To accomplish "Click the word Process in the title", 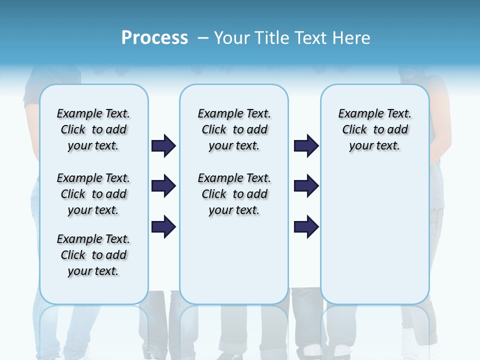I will click(154, 37).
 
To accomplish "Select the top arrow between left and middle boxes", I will click(163, 145).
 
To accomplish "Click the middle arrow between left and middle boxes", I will click(163, 186).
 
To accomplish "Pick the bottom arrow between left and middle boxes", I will click(163, 226).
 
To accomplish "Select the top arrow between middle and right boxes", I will click(306, 145).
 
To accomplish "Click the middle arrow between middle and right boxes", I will click(306, 186).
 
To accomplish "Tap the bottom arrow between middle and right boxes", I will click(306, 226).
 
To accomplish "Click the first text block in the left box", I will click(93, 129).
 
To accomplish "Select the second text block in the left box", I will click(93, 194).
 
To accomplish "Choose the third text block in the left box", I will click(93, 255).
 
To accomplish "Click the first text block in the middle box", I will click(234, 129).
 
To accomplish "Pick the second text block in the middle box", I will click(234, 194).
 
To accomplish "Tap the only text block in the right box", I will click(374, 129).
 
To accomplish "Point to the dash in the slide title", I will click(203, 38).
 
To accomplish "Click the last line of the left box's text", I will click(93, 271).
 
